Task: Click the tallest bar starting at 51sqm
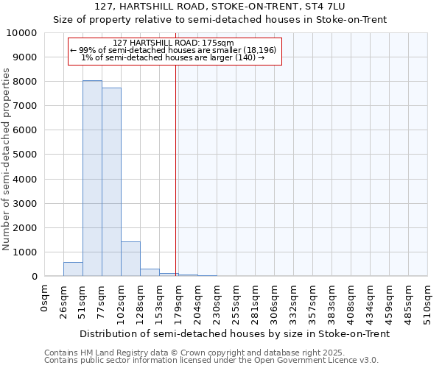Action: point(92,178)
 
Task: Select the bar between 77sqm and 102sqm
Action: point(111,182)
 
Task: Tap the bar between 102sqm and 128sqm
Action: point(130,258)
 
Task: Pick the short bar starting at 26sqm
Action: point(73,269)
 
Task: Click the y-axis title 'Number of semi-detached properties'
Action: point(7,159)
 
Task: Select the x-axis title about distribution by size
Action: point(234,333)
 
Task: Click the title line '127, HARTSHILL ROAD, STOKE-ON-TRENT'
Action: point(220,7)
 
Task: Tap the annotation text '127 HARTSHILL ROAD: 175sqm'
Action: point(175,43)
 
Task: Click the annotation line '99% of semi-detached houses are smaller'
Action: point(175,50)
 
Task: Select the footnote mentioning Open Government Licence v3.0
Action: point(211,361)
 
